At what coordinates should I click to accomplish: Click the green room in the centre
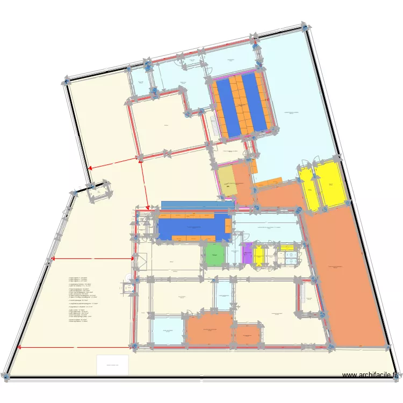[214, 254]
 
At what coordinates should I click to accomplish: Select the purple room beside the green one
[247, 254]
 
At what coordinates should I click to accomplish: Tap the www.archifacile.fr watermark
[370, 375]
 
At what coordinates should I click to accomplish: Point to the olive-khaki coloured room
[229, 181]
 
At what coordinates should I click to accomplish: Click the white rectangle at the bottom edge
[112, 365]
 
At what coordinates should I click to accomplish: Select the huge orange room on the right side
[347, 274]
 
